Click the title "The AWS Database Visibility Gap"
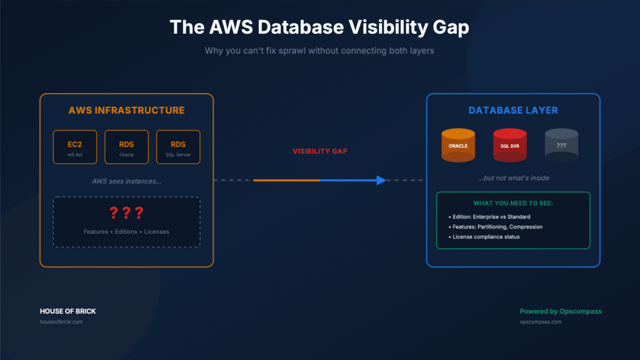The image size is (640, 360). (x=319, y=27)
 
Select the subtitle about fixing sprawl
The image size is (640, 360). (x=319, y=51)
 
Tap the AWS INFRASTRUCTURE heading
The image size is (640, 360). (x=126, y=111)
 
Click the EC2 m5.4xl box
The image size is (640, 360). (x=74, y=147)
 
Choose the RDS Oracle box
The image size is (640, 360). (x=126, y=147)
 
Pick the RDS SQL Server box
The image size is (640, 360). (x=178, y=147)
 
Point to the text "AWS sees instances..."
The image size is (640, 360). (x=126, y=181)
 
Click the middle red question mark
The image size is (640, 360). (x=126, y=213)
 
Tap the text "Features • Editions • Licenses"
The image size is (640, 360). (x=126, y=232)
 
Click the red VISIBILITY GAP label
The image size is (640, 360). (x=319, y=151)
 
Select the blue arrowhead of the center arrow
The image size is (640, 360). (x=381, y=180)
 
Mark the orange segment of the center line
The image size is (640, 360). (x=286, y=180)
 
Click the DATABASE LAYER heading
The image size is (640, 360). (x=513, y=111)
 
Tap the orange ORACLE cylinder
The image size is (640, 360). (x=458, y=146)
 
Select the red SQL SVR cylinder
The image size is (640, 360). (x=509, y=146)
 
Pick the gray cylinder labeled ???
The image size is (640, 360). (x=561, y=146)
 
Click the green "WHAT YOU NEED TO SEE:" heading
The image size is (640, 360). (x=512, y=204)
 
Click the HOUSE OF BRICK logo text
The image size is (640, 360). (x=67, y=311)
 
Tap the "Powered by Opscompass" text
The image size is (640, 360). (x=560, y=311)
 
